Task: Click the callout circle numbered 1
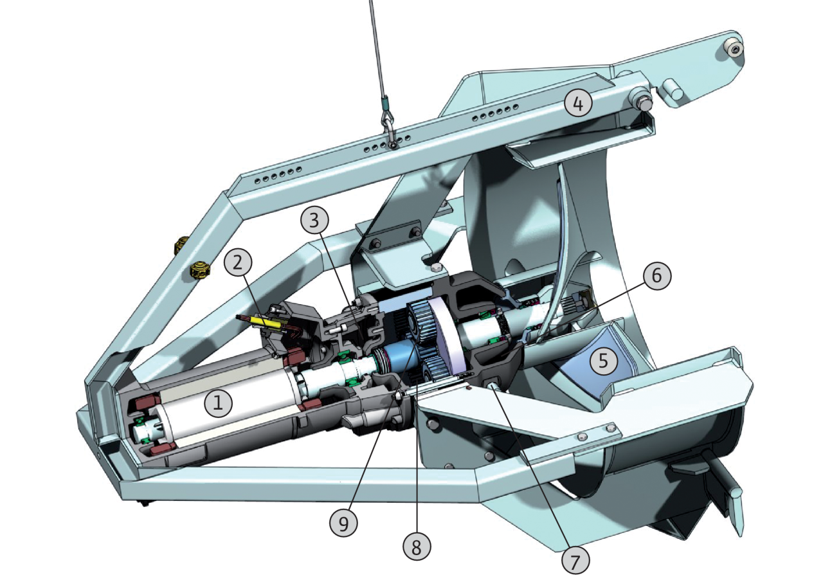click(218, 403)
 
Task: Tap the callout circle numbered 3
click(314, 221)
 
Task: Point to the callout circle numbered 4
click(578, 104)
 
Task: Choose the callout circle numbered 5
click(604, 361)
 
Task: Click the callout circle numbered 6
click(657, 276)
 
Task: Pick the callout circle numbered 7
click(575, 561)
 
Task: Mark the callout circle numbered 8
click(416, 548)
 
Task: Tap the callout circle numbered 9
click(343, 524)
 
